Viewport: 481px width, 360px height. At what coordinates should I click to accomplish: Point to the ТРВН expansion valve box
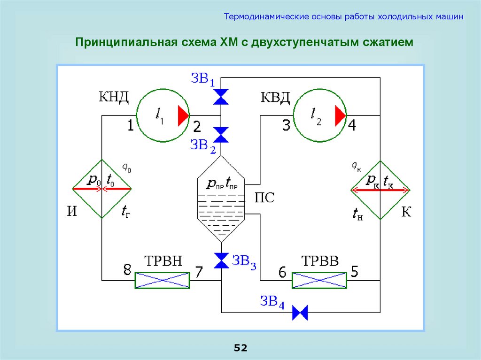click(x=162, y=280)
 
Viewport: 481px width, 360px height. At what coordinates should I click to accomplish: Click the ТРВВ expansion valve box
click(x=319, y=280)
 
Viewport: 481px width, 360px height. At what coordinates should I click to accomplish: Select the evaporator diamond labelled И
click(x=101, y=189)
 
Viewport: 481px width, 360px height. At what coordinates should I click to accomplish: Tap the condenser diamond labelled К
click(x=380, y=190)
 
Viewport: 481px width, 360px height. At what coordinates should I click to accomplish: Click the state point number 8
click(x=127, y=270)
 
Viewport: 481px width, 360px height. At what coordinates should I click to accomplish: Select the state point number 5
click(x=354, y=271)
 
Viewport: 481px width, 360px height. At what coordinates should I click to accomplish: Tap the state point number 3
click(x=286, y=126)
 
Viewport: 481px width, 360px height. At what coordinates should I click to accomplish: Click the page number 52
click(x=240, y=348)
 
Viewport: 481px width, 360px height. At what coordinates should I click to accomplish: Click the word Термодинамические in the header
click(x=265, y=17)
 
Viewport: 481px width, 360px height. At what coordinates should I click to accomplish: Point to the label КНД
click(x=113, y=98)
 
